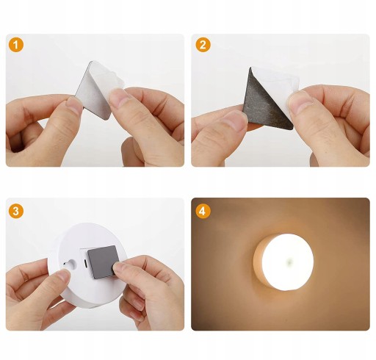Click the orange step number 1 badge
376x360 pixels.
[16, 45]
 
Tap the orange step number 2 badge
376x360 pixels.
[203, 45]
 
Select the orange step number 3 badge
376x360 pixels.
[16, 211]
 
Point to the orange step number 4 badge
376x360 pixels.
[203, 211]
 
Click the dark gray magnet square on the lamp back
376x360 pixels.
[104, 262]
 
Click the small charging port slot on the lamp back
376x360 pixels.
[85, 263]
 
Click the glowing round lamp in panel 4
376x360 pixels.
[283, 262]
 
